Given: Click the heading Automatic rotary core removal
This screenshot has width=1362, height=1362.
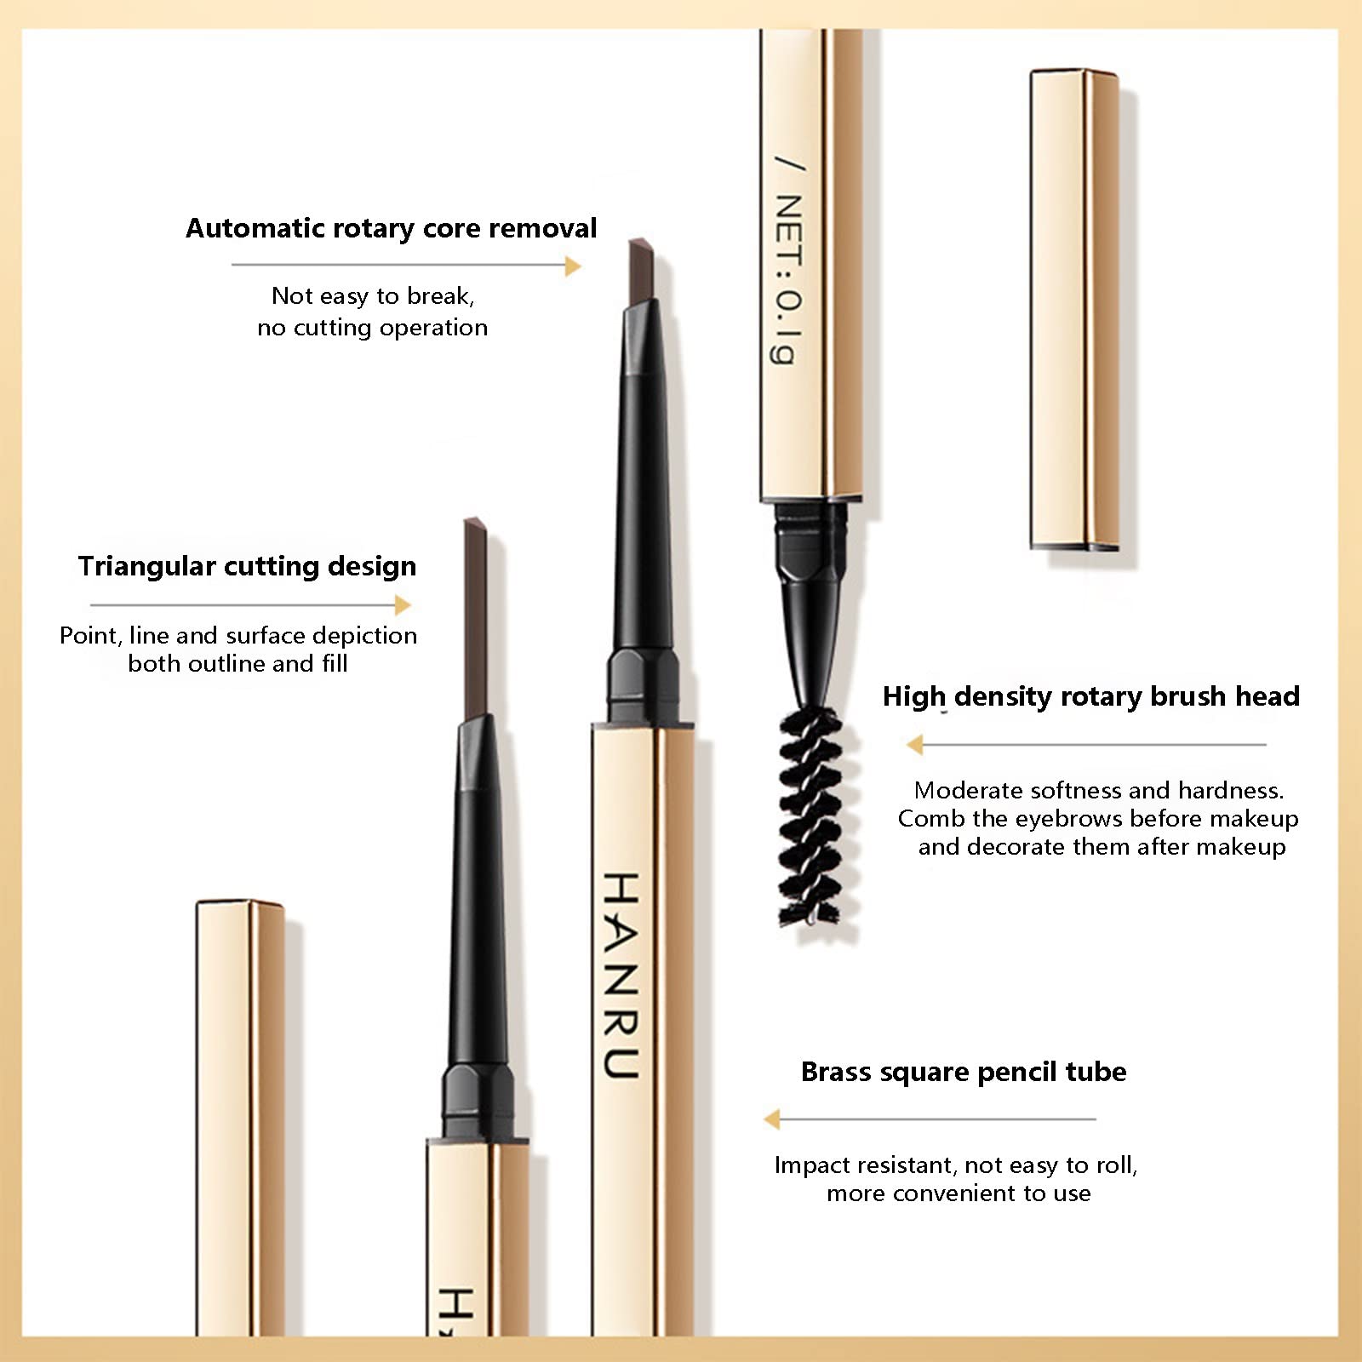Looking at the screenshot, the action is [x=392, y=228].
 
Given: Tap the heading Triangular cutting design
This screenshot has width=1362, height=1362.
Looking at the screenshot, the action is [x=248, y=567].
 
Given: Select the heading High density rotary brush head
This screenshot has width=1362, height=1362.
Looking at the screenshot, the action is [x=1091, y=697].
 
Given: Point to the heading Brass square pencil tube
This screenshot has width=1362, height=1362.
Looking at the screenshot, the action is [x=964, y=1072].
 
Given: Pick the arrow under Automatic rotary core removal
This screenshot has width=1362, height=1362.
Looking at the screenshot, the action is [x=406, y=266].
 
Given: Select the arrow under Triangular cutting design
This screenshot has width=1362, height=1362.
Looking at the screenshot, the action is [x=250, y=605].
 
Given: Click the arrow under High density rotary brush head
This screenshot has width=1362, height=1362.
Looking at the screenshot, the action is [x=1086, y=745].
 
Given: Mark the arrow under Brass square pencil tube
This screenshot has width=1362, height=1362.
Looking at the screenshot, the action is [x=930, y=1119].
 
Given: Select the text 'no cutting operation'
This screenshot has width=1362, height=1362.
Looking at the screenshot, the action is [x=373, y=328].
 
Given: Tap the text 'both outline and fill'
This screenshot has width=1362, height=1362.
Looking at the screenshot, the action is [x=238, y=664].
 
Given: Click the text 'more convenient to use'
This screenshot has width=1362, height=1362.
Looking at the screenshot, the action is [x=959, y=1193].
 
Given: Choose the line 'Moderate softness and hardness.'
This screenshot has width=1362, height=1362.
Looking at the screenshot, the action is [x=1099, y=791].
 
